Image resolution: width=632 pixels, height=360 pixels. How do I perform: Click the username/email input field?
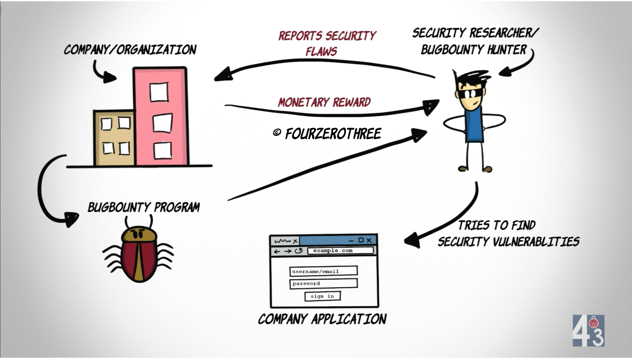point(324,271)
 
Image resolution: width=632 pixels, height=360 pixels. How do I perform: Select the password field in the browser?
point(324,283)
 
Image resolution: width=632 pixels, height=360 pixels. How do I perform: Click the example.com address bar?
point(340,250)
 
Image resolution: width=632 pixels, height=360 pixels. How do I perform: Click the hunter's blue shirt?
point(474,125)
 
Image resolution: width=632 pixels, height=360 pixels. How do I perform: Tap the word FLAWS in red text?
point(321,52)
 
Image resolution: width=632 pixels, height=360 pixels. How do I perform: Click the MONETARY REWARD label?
point(324,102)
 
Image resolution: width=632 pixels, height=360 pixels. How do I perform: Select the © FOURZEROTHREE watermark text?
point(327,134)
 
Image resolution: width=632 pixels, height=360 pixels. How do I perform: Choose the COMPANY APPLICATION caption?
point(322,319)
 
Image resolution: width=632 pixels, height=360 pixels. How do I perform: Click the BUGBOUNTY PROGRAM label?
point(144,207)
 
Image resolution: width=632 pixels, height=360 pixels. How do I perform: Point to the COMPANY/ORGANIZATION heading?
point(130,49)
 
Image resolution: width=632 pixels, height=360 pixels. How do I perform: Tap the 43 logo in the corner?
point(588,331)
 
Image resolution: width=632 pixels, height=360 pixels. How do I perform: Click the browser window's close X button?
point(369,240)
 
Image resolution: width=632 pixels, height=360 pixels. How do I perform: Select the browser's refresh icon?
point(299,251)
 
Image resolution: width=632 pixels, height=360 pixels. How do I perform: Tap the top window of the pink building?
point(159,92)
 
